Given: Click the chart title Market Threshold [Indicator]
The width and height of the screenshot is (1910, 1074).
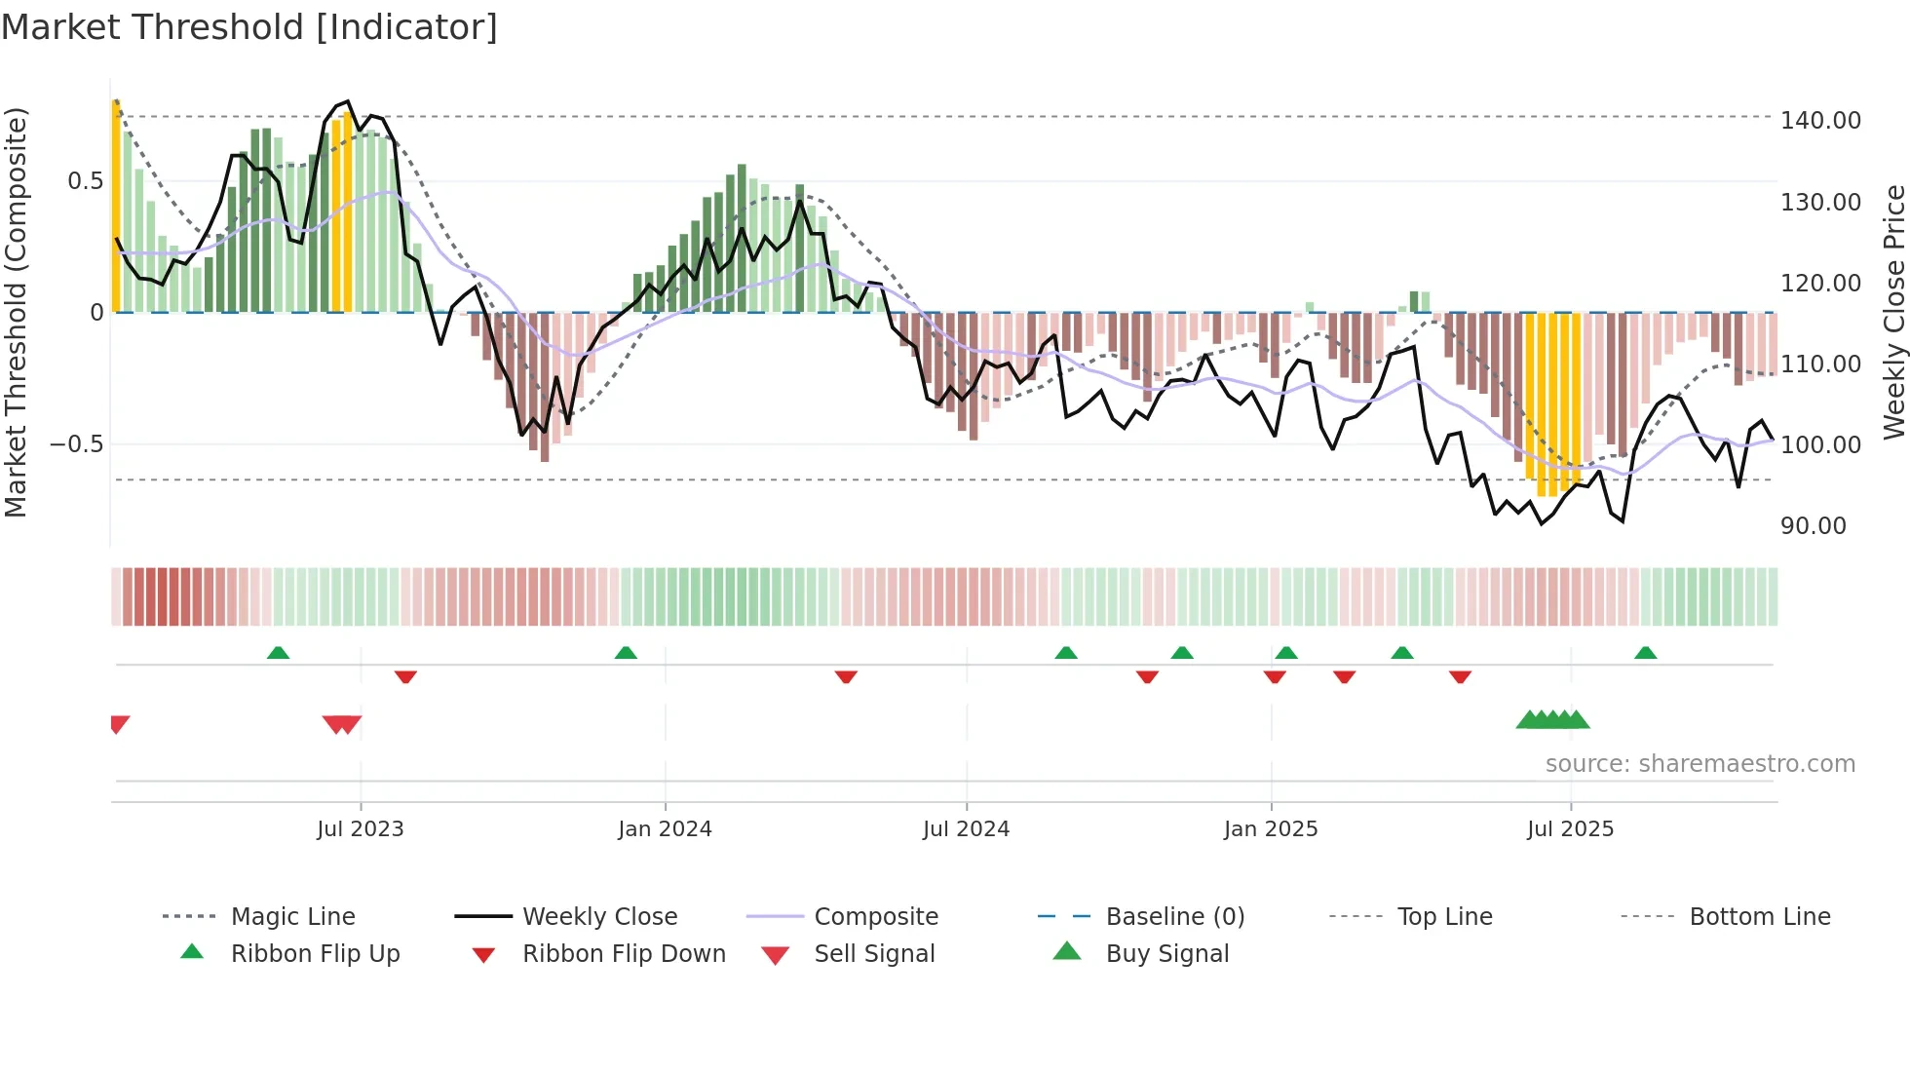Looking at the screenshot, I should click(249, 27).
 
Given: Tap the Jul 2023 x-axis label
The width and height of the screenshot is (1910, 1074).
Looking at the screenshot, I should click(360, 829).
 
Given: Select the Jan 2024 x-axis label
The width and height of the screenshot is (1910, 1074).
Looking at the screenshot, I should click(665, 829).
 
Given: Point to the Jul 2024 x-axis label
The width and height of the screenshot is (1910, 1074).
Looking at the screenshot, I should click(966, 829).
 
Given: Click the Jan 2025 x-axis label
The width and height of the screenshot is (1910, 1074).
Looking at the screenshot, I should click(1271, 829).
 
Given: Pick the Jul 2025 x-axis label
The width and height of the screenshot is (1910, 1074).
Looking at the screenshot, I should click(1570, 829).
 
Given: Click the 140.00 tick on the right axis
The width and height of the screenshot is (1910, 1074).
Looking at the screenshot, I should click(1820, 121).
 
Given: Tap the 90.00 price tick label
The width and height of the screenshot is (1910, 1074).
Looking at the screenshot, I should click(1813, 526).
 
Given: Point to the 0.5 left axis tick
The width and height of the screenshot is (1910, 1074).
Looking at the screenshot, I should click(85, 181).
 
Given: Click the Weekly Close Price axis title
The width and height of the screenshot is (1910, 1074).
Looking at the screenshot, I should click(1893, 312).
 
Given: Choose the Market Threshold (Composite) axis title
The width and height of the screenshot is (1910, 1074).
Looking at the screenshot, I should click(16, 312).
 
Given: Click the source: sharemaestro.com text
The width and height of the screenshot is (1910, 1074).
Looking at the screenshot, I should click(1700, 764).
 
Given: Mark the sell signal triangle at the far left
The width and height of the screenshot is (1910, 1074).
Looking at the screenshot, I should click(119, 724).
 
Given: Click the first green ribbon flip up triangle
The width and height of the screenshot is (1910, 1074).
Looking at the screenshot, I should click(278, 653).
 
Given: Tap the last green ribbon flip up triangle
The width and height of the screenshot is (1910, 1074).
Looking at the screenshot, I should click(1645, 653).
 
